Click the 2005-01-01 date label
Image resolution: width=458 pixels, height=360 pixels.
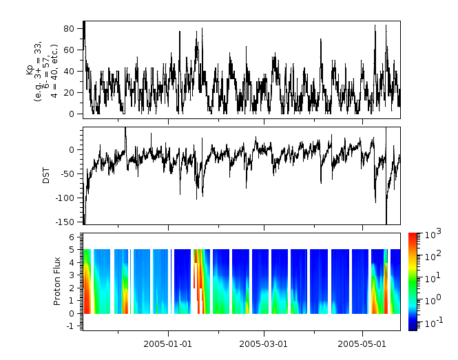click(167, 343)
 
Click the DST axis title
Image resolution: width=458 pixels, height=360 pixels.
click(47, 176)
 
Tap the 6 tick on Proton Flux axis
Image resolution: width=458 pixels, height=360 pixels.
click(73, 236)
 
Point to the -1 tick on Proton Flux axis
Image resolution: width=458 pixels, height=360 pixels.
click(72, 326)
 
